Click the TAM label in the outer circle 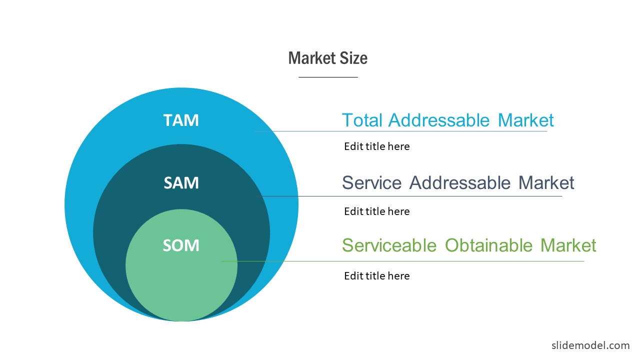tap(181, 120)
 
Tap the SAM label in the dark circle tap(181, 183)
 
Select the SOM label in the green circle tap(181, 245)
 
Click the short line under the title tap(328, 77)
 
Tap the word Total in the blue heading tap(362, 120)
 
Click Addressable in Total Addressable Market tap(439, 120)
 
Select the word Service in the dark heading tap(371, 183)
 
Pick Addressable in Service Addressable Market tap(459, 183)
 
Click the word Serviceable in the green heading tap(389, 245)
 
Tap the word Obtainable tap(488, 245)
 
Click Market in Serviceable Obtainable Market tap(568, 245)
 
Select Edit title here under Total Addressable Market tap(377, 146)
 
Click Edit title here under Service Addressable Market tap(377, 211)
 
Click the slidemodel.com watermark tap(590, 345)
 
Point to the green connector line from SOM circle tap(403, 261)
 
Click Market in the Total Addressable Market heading tap(525, 120)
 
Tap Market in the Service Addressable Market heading tap(546, 183)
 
